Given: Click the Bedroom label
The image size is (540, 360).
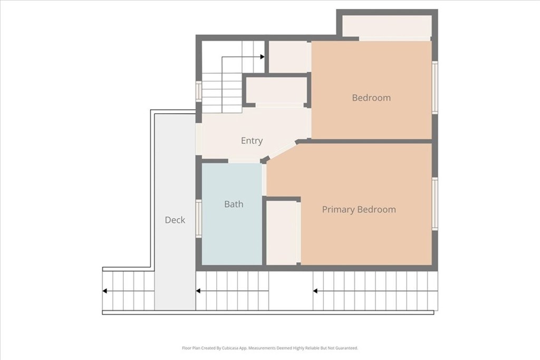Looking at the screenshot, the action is coord(371,98).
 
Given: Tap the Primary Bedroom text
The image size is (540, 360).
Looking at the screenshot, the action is coord(359,209).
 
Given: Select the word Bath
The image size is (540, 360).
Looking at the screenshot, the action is coord(234,204).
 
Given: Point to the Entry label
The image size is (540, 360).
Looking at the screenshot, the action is coord(252,141).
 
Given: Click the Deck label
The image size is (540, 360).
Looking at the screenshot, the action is coord(175,220).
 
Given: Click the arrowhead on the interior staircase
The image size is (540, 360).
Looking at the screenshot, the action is coord(263,57).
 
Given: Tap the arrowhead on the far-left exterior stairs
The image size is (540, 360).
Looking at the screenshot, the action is coord(105,291).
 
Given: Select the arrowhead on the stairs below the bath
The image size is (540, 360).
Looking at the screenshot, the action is coord(198,291).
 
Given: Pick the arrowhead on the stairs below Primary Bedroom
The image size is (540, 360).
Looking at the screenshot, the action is coord(315,291).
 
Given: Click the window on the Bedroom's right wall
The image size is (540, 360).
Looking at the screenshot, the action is coord(435,87).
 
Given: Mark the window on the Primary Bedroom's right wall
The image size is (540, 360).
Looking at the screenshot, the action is coord(435,203).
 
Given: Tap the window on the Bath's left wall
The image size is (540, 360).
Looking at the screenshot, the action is coord(199,219).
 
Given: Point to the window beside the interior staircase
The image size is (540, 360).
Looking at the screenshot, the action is coord(199,91).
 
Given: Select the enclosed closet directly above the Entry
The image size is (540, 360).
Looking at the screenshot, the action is coord(276,91).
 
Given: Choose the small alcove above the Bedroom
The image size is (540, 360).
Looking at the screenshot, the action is coord(387,26).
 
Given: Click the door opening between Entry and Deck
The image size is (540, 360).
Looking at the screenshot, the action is coord(199,139).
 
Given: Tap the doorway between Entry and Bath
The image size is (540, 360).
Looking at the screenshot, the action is coord(244,161).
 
